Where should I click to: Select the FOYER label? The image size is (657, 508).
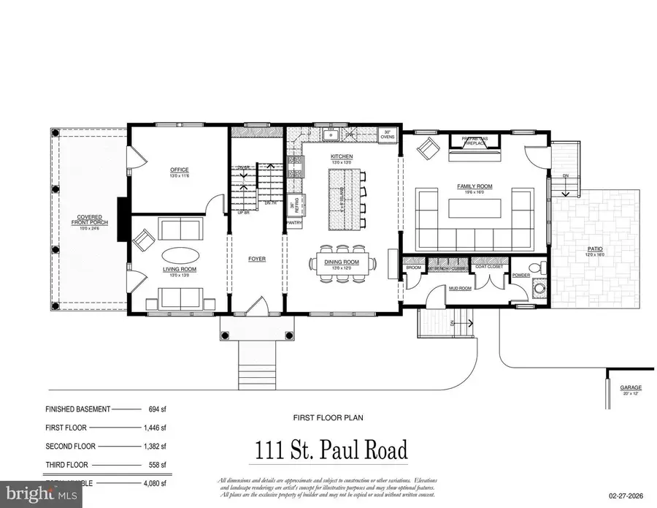pos(256,259)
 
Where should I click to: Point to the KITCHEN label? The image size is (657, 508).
pos(342,157)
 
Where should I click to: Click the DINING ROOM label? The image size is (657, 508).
pos(342,262)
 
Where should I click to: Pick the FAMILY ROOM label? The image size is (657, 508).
pos(474,186)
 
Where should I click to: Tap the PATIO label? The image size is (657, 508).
pos(596,249)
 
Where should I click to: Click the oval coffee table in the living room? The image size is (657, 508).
pos(178,256)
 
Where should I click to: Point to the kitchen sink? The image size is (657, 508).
pos(331,134)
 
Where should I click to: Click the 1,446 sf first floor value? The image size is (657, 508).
pos(153,428)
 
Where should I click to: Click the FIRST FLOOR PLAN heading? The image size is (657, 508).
pos(327,418)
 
